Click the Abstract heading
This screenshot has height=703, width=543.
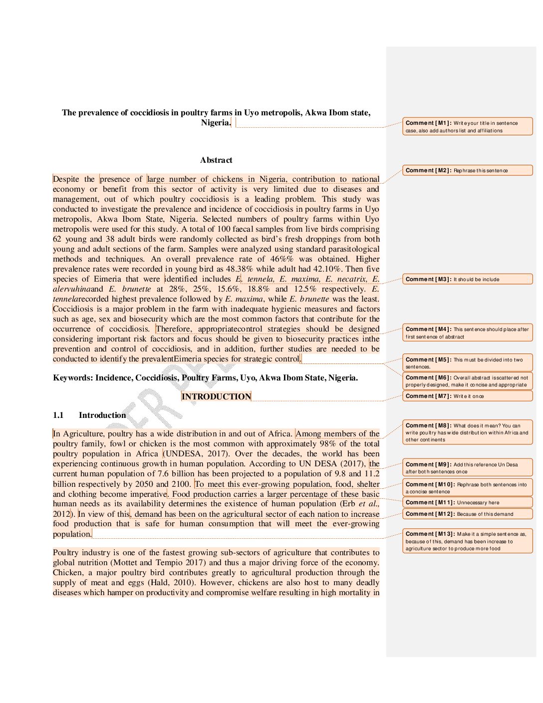[x=216, y=160]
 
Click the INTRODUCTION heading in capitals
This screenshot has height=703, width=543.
[x=216, y=396]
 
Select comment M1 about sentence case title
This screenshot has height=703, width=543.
[x=467, y=126]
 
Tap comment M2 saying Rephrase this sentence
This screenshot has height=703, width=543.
[x=467, y=170]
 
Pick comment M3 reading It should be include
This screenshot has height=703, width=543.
[x=467, y=279]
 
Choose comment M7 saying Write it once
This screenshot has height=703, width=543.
[x=467, y=396]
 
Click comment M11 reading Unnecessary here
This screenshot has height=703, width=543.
[x=467, y=502]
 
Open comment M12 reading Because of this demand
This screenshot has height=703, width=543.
[x=467, y=514]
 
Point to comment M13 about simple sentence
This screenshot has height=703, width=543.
[x=467, y=541]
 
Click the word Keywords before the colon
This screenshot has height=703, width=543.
[x=72, y=378]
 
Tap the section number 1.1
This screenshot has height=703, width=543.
[x=58, y=415]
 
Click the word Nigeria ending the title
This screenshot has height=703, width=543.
[x=216, y=123]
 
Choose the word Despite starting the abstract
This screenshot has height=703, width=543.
[x=66, y=179]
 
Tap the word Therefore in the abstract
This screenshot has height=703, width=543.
[x=174, y=329]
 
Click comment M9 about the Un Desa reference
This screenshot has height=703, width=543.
[x=467, y=468]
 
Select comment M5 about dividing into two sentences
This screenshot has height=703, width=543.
[x=467, y=362]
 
